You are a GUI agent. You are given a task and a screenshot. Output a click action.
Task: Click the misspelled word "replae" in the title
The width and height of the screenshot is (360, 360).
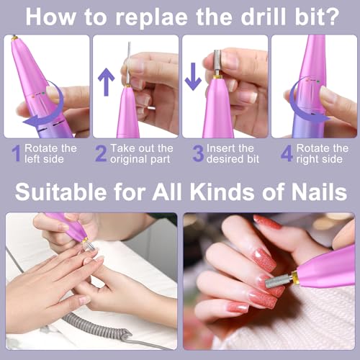point(151,18)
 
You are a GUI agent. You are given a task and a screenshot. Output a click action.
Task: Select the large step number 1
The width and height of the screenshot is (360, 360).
point(17,153)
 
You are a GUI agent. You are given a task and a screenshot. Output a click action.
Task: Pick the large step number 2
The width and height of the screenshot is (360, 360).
point(101,153)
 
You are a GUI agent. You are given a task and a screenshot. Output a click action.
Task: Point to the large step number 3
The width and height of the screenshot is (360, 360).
point(198,153)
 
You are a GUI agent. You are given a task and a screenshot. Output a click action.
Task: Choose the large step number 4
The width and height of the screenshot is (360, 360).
point(287,153)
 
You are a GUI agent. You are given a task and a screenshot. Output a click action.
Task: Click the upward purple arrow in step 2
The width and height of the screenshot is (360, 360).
point(106,82)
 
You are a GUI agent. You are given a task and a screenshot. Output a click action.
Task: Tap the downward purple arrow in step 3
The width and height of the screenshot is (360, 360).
point(193,76)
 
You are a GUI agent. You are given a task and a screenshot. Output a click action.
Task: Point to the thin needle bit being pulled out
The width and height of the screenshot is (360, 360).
point(129,63)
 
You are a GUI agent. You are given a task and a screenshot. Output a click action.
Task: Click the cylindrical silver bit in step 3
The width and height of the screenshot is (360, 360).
point(217,63)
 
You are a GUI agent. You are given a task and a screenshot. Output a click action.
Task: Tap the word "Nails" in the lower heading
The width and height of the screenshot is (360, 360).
point(319,192)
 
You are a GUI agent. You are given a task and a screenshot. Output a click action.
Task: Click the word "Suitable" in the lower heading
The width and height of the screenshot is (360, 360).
point(60,192)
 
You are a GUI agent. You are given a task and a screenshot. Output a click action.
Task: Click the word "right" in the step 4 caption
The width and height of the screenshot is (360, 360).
point(307,159)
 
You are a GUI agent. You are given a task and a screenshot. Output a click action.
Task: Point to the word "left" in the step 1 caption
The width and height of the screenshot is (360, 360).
point(32,159)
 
